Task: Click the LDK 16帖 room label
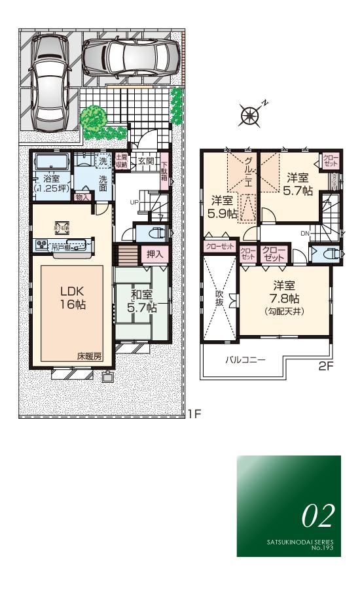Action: tap(73, 298)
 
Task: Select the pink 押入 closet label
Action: tap(154, 253)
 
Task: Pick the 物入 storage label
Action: tap(82, 196)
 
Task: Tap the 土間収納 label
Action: tap(121, 161)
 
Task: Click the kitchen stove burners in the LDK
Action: tap(43, 246)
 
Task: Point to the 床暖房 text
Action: tap(89, 357)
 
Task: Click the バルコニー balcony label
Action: tap(245, 360)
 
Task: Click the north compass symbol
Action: tap(250, 115)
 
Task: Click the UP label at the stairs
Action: tap(134, 202)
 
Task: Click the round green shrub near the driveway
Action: tap(94, 118)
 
